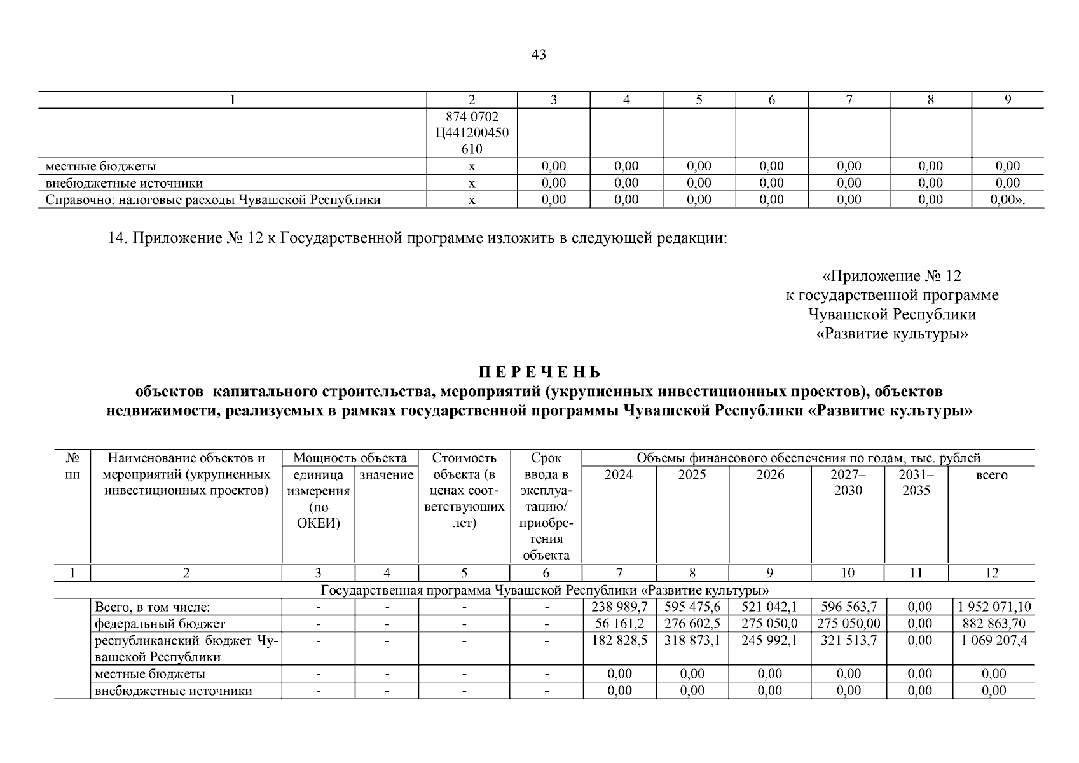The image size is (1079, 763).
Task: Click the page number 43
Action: tap(539, 55)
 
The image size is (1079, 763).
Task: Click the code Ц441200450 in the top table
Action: tap(472, 134)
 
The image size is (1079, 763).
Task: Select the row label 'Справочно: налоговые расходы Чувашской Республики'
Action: tap(213, 200)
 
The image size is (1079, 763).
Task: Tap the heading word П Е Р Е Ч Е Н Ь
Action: tap(539, 372)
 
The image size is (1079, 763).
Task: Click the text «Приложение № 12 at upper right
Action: tap(891, 276)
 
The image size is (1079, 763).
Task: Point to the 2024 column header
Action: tap(619, 475)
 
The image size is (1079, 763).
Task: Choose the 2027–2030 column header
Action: tap(848, 483)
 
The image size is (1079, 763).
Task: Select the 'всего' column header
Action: tap(991, 475)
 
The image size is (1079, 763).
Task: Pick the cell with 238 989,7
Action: tap(619, 607)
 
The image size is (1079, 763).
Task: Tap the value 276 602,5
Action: tap(692, 624)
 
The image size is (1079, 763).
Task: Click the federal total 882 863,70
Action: tap(991, 624)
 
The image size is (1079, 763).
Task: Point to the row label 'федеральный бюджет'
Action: tap(160, 624)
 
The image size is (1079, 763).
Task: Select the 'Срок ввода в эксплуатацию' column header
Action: tap(546, 506)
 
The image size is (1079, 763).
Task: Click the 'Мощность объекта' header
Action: tap(350, 458)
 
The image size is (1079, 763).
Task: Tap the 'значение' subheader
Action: tap(386, 475)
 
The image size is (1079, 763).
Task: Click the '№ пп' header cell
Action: tap(72, 467)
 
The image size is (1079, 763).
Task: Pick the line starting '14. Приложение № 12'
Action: tap(417, 238)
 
